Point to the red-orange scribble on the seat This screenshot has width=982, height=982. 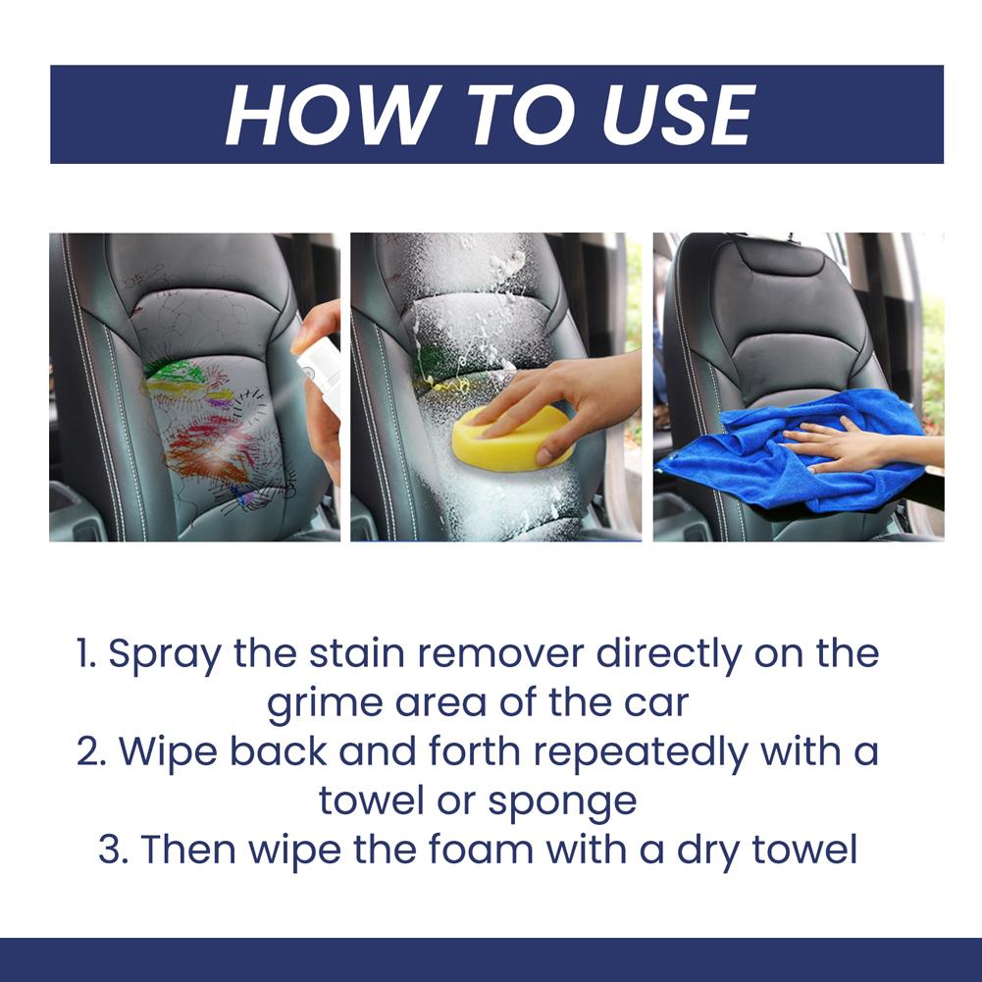coord(206,451)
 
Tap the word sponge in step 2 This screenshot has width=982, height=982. coord(573,801)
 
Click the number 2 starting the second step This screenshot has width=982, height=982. coord(89,752)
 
